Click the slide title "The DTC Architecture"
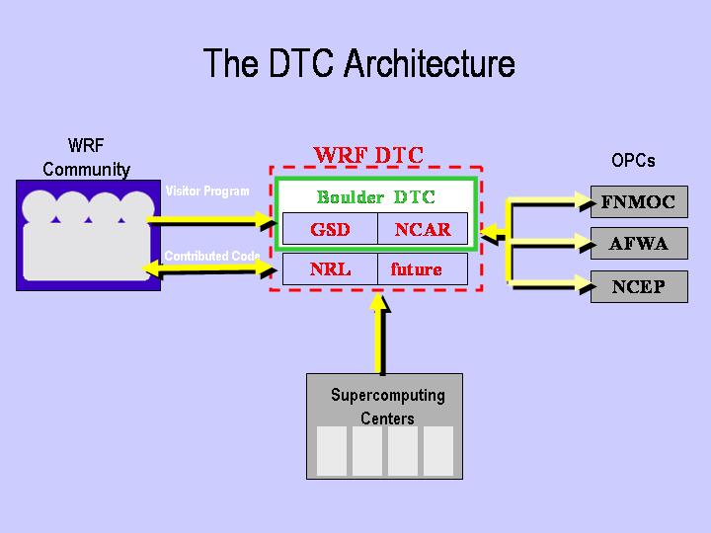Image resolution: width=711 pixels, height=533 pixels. point(358,63)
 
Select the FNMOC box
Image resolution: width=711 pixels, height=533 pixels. point(638,202)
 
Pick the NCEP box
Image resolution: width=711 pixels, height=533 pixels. point(638,287)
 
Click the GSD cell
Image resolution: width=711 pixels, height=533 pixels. point(330,230)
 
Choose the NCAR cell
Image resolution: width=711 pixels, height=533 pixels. point(423,230)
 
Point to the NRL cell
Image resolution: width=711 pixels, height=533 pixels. point(330,268)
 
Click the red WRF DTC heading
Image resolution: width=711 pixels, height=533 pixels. point(367,155)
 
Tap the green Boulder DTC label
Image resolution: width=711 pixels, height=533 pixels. point(375,196)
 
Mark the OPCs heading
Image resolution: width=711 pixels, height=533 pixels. point(633,160)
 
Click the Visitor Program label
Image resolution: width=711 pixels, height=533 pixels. point(207,190)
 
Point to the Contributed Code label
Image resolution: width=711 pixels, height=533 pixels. point(212,257)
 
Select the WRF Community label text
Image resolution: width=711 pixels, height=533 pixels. point(86,157)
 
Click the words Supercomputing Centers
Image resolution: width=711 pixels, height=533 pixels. point(387,407)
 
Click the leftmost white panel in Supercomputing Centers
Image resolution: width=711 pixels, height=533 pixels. point(332,451)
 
